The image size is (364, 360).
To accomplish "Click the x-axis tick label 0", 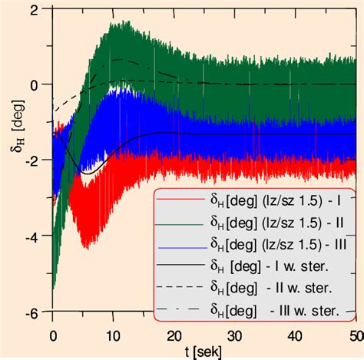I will (53, 335).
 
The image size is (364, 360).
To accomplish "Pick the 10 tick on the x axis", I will (114, 335).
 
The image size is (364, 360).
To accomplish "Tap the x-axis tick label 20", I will (175, 335).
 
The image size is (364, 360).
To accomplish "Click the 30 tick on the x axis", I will (236, 335).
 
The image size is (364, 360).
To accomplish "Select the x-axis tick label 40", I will (296, 335).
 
